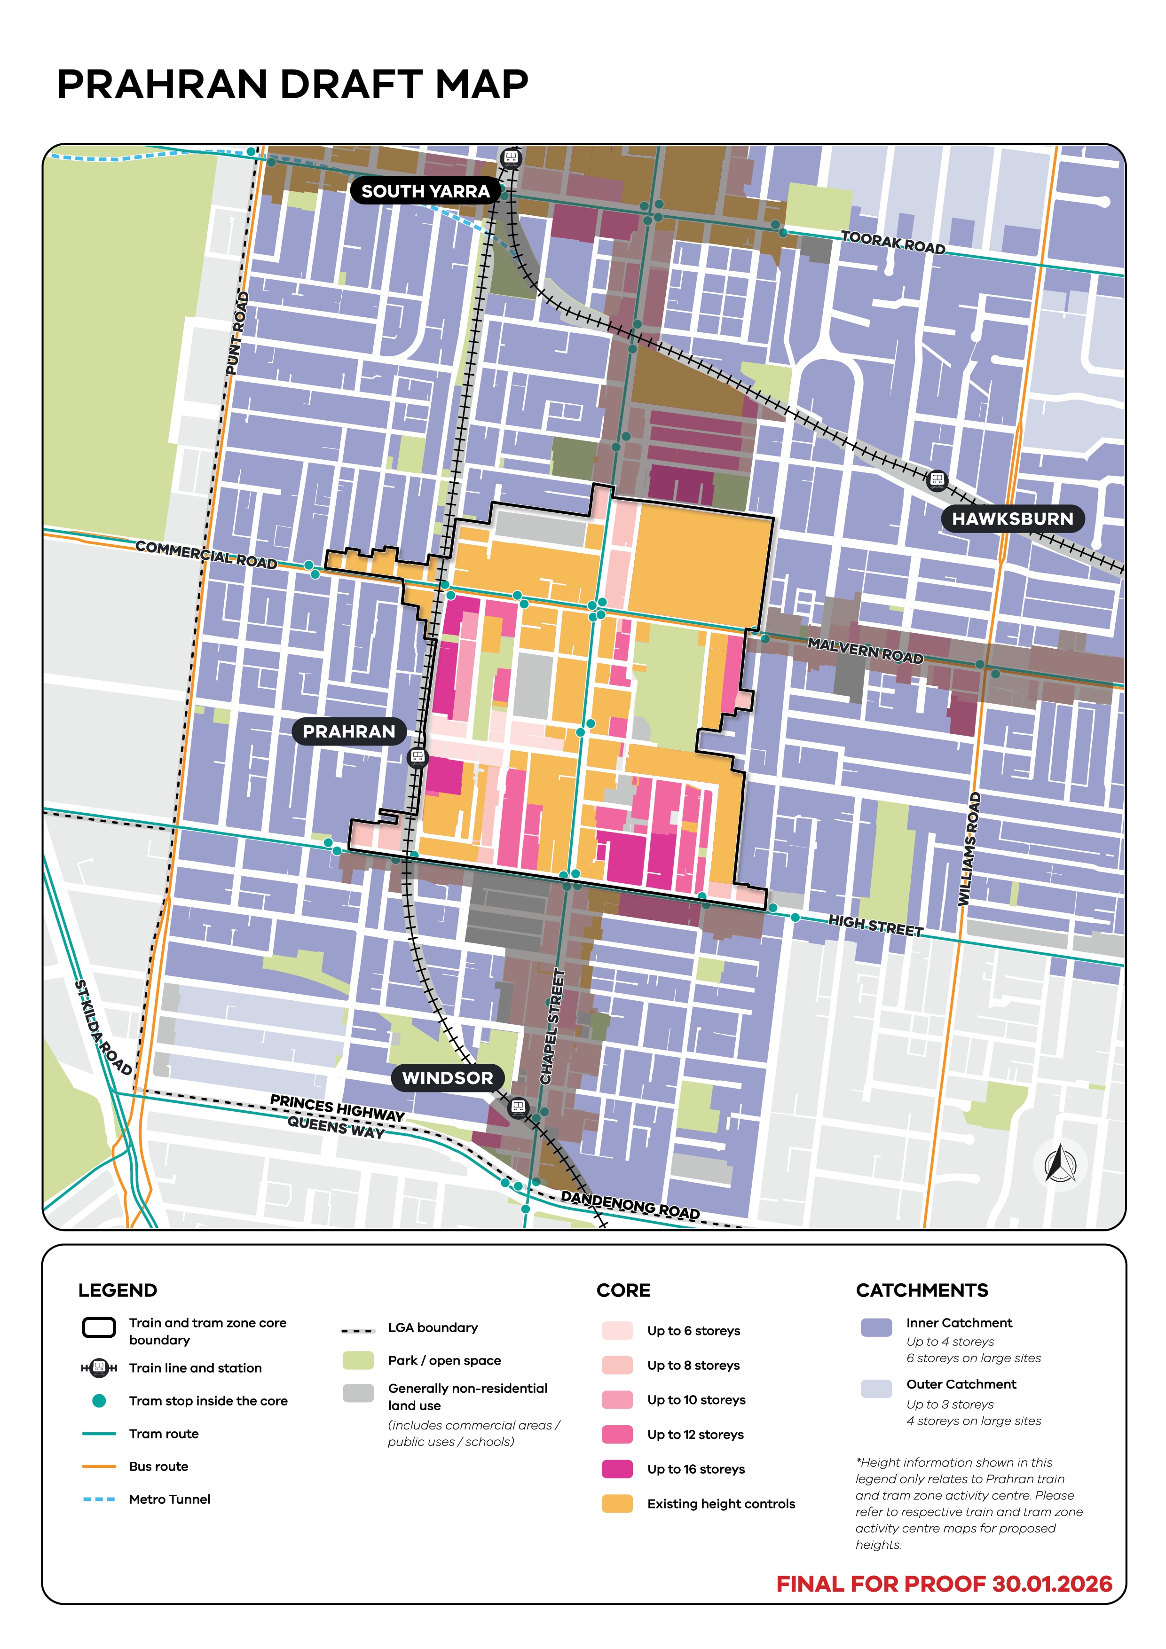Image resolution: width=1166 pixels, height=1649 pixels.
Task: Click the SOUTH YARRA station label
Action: (x=425, y=191)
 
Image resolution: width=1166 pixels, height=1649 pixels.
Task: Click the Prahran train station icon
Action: (x=417, y=756)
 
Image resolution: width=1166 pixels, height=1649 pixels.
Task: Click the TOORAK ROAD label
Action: (x=893, y=242)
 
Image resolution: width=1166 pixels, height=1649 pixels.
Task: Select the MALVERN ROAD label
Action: (x=865, y=650)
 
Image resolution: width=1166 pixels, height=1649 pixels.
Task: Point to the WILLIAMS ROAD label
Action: (x=970, y=848)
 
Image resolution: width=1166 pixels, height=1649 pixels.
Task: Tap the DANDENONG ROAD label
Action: (x=630, y=1204)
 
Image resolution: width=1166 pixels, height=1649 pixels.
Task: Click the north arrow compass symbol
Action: (x=1060, y=1164)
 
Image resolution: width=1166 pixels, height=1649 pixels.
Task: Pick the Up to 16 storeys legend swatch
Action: (x=617, y=1469)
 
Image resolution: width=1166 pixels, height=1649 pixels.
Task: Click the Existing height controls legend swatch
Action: (x=617, y=1503)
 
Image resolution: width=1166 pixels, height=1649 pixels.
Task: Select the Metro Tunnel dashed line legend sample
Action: (x=99, y=1499)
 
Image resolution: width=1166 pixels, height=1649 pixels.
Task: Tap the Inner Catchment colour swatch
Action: (x=876, y=1327)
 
